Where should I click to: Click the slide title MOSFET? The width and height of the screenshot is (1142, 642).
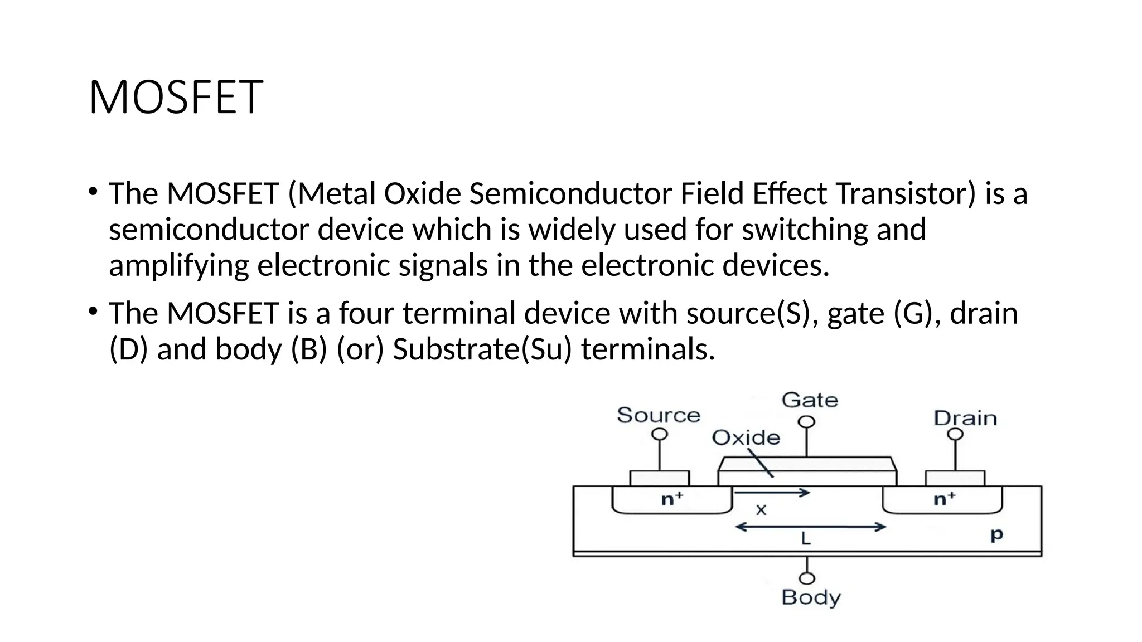175,98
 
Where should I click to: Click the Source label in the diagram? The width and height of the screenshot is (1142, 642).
658,415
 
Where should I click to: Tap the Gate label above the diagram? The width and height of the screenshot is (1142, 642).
810,400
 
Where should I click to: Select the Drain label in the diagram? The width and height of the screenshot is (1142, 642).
965,418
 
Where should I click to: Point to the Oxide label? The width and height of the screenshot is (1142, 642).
746,438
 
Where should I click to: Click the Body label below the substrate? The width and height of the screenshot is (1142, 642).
810,597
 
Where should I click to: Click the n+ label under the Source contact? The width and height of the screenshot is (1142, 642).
672,499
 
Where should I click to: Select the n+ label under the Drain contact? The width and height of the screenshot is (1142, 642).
944,499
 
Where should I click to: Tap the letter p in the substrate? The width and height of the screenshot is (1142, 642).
996,535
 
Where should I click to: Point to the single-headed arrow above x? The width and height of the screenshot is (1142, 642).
772,493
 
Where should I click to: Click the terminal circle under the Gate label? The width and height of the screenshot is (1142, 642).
806,422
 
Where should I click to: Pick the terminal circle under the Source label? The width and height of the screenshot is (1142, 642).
660,434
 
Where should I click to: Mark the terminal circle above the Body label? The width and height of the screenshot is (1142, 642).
807,578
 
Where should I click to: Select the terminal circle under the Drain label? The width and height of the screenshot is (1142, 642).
955,434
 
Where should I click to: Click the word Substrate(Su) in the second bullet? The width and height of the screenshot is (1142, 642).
482,349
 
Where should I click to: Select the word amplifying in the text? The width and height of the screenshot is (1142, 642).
178,265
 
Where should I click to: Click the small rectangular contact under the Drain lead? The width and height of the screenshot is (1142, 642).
955,478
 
